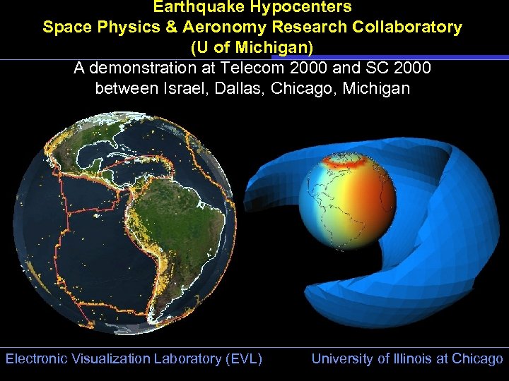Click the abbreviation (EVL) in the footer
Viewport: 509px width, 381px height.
point(243,358)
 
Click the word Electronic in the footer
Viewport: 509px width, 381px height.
point(35,358)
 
